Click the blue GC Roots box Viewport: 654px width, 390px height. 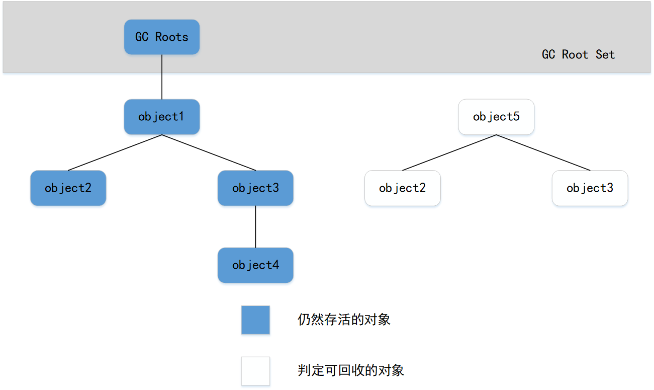(161, 37)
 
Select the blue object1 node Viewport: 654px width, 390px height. (161, 117)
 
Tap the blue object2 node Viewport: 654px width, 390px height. (68, 188)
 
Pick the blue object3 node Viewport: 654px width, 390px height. (255, 188)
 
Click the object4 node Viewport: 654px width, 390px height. (255, 265)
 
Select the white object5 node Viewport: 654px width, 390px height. (496, 117)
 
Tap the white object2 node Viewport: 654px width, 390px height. (402, 188)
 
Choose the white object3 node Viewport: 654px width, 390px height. (590, 188)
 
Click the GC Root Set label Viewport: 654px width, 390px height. (578, 54)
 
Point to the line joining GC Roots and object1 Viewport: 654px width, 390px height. (161, 76)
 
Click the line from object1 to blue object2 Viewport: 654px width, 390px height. (115, 152)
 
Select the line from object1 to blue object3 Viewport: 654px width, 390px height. (209, 152)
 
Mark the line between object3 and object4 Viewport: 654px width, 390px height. (255, 226)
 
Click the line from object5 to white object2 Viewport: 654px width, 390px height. (449, 152)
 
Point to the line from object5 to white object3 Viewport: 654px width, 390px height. (543, 152)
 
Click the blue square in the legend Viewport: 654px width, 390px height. (255, 320)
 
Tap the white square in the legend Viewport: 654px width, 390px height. (255, 371)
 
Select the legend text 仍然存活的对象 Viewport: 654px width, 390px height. (344, 320)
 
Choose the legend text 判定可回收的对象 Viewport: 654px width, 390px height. (350, 371)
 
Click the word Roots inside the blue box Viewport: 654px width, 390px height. (171, 37)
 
